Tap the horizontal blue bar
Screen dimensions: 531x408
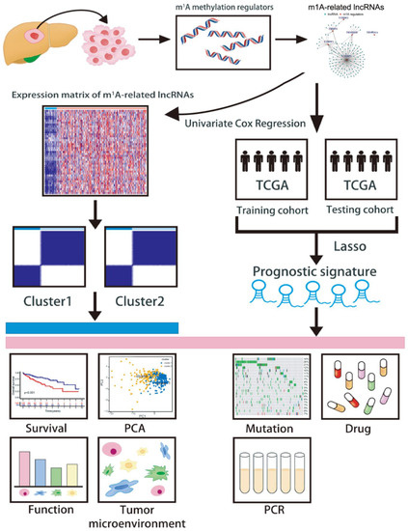(92, 327)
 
